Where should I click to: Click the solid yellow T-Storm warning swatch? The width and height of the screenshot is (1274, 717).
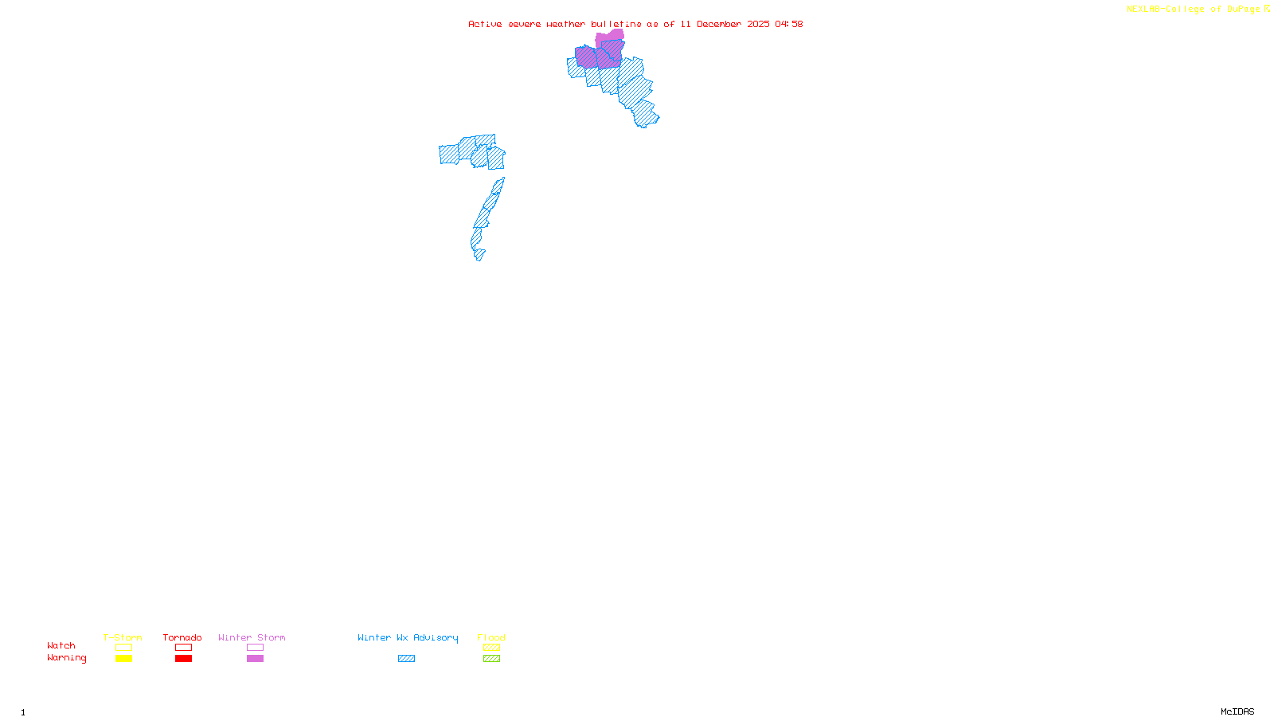[x=123, y=659]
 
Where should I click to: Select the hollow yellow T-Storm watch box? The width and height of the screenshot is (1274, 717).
[x=123, y=648]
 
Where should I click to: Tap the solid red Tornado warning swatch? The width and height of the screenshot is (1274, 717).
[x=183, y=659]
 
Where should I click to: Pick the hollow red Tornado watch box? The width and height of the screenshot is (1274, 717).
[x=183, y=648]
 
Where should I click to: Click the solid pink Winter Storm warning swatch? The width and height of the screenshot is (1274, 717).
[x=255, y=659]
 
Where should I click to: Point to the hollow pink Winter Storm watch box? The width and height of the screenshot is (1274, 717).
[x=255, y=648]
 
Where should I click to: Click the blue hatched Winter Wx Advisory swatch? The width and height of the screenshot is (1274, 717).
[x=406, y=659]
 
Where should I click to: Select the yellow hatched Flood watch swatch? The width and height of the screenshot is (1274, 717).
[x=491, y=648]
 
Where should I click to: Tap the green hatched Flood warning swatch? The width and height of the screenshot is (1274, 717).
[x=491, y=659]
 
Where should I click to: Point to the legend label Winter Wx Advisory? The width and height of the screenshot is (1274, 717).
[x=408, y=637]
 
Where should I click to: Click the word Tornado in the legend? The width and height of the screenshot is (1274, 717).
[x=182, y=637]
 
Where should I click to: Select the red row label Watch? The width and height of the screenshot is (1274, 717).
[x=61, y=646]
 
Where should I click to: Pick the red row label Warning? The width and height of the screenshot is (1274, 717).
[x=67, y=658]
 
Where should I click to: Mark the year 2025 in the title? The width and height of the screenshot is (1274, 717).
[x=758, y=24]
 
